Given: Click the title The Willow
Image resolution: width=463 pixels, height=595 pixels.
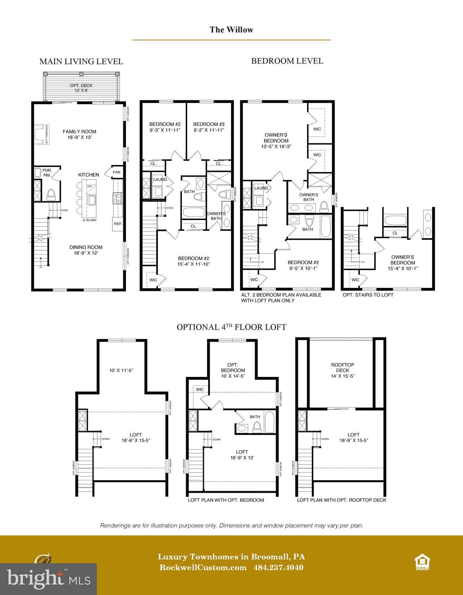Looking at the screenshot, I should pos(231,30).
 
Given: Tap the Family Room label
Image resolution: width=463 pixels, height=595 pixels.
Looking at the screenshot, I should pos(79,134).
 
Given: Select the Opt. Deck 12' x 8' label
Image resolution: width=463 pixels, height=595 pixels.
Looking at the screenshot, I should pos(81,88).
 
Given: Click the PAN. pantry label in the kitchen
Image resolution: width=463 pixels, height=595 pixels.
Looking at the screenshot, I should pos(117,172).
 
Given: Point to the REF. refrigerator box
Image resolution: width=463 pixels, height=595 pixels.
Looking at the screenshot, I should pos(117,224).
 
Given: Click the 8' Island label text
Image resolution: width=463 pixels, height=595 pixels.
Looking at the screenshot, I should pos(89,220).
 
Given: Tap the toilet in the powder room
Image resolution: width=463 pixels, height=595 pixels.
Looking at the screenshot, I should pos(51,194).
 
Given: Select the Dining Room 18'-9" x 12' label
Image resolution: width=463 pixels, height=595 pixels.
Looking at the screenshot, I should pos(86,250).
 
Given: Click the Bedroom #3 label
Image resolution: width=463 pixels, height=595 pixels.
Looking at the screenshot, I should pos(209,127).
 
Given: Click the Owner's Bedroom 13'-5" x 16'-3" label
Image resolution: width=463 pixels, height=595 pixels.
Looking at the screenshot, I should pos(276,141).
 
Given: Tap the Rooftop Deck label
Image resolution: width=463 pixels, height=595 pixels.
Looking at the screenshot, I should pos(342,370).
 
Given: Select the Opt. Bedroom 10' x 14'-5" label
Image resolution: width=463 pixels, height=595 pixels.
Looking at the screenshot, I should pos(233,370).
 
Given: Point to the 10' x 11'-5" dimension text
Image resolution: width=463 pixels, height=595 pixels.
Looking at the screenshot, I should pos(121,370).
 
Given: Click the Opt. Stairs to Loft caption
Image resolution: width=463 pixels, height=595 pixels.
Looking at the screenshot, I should pos(368,295).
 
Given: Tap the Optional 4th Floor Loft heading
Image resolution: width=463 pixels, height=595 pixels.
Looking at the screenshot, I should pos(231,327).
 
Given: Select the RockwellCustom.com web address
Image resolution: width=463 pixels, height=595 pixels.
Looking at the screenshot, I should pos(203,567).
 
